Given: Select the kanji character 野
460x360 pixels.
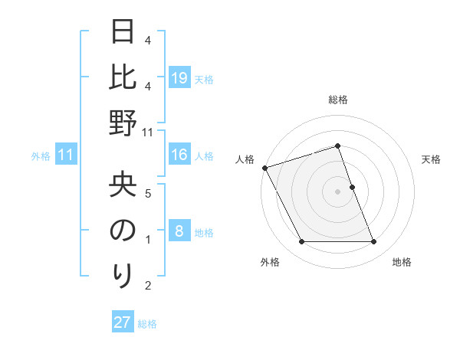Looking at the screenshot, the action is tap(123, 124).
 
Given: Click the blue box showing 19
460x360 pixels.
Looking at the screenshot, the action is tap(179, 77).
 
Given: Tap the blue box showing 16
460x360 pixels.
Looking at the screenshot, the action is tap(179, 155).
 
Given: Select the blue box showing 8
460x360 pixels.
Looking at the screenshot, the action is tap(179, 231).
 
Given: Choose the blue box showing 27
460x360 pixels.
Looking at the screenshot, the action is tap(123, 322).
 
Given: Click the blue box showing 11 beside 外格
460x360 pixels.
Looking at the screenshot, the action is tap(65, 155).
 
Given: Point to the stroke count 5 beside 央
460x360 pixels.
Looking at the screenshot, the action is tap(148, 193).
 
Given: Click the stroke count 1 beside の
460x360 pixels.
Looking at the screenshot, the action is tap(148, 240).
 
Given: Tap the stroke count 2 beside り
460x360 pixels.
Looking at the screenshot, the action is tap(148, 286).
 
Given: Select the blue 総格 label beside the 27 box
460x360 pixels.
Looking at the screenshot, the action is tap(147, 324).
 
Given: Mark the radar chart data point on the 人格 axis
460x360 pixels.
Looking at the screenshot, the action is tap(265, 168).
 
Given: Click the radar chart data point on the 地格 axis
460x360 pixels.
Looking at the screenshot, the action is tap(373, 242).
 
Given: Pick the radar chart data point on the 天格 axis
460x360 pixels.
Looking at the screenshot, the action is tap(352, 187).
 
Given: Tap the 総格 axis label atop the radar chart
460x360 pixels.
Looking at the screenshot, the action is tap(337, 100).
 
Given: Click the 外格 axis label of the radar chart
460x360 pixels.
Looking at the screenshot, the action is tap(270, 263).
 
